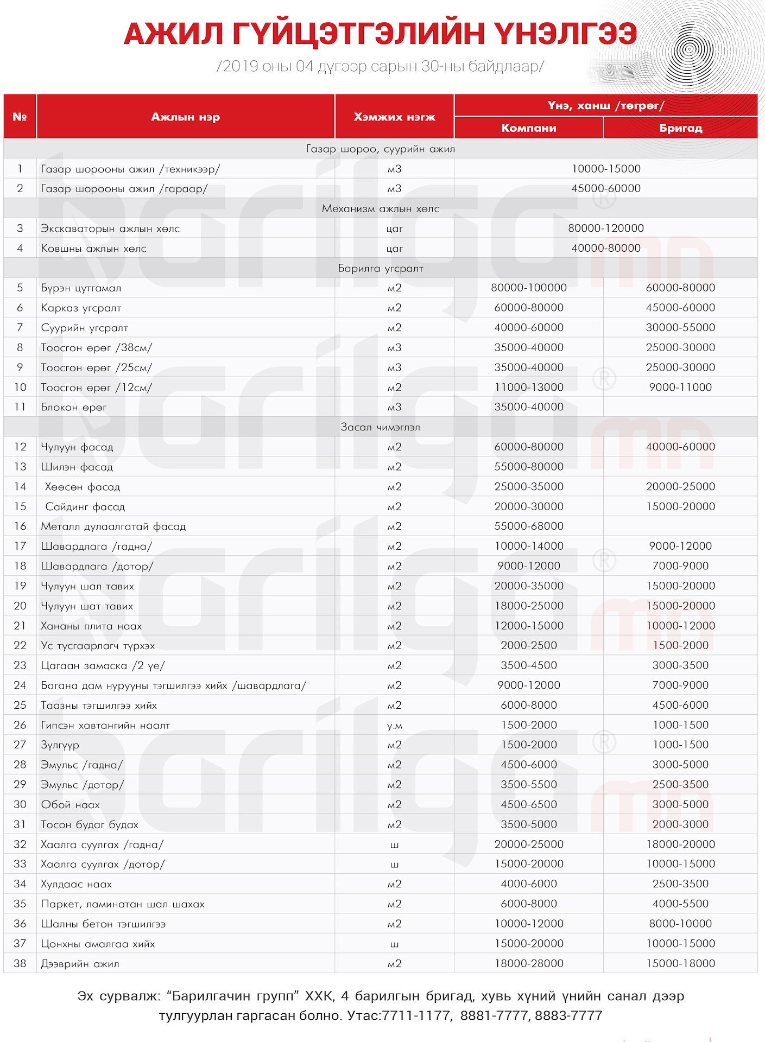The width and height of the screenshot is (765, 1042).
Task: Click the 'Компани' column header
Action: (x=528, y=128)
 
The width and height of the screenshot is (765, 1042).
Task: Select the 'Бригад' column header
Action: (x=680, y=128)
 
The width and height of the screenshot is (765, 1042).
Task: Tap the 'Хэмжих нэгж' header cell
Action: (x=394, y=117)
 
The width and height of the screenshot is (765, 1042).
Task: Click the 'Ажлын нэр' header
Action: (x=185, y=117)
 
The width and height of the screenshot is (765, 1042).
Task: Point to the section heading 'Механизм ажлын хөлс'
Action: (x=380, y=208)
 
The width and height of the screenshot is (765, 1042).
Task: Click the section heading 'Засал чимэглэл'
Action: (x=380, y=427)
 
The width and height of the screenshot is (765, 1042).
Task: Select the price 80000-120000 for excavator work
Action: (x=606, y=228)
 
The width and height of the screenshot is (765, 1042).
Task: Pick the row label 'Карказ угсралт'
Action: (x=81, y=308)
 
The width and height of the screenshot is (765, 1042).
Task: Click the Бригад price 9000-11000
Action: (x=680, y=387)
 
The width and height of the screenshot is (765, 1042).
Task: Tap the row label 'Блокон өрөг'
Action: (x=74, y=407)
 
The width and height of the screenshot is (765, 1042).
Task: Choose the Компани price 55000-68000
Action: (x=529, y=526)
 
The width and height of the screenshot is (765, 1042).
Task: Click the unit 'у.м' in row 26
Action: (x=394, y=726)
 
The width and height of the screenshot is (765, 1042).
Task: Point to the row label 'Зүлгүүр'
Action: (x=60, y=745)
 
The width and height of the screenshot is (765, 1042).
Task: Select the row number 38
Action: (x=20, y=964)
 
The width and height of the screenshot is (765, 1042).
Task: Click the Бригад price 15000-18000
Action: (x=680, y=964)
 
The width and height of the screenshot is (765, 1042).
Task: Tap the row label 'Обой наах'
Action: (x=70, y=805)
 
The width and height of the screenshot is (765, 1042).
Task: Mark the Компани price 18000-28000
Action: (x=529, y=964)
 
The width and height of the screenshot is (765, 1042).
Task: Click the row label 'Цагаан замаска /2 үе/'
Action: (x=103, y=666)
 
